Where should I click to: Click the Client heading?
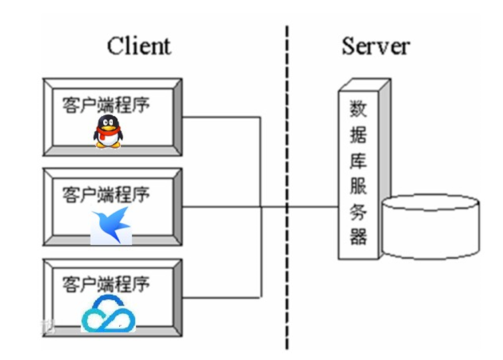[139, 46]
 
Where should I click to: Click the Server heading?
[375, 46]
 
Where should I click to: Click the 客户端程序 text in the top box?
[106, 105]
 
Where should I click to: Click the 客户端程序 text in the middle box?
[106, 194]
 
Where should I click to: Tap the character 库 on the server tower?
[358, 159]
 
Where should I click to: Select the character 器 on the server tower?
[358, 237]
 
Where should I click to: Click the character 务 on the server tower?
[358, 211]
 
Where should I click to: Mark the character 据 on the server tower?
[358, 133]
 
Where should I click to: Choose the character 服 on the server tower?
[358, 185]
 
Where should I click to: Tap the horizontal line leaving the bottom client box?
[220, 297]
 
